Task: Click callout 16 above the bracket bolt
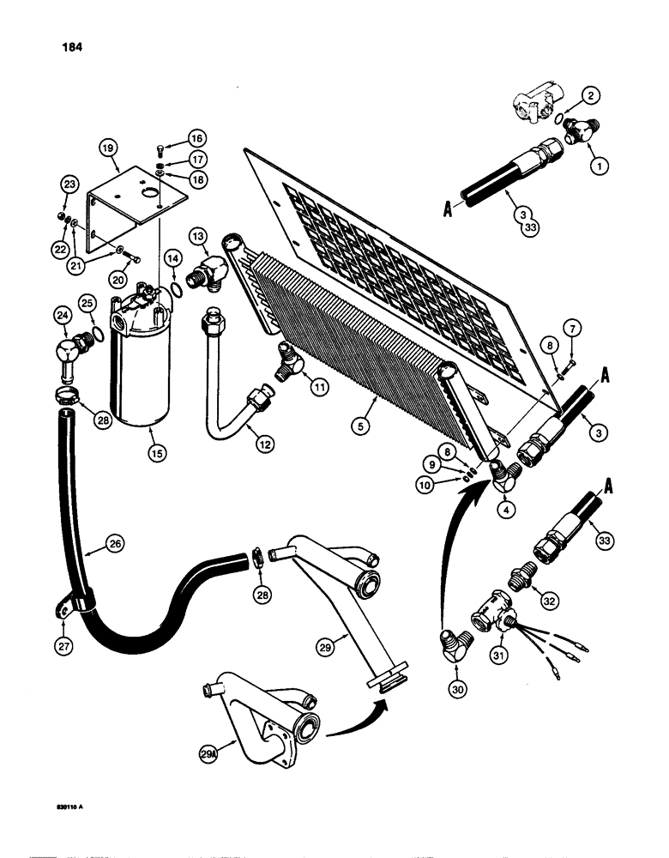tap(196, 138)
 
